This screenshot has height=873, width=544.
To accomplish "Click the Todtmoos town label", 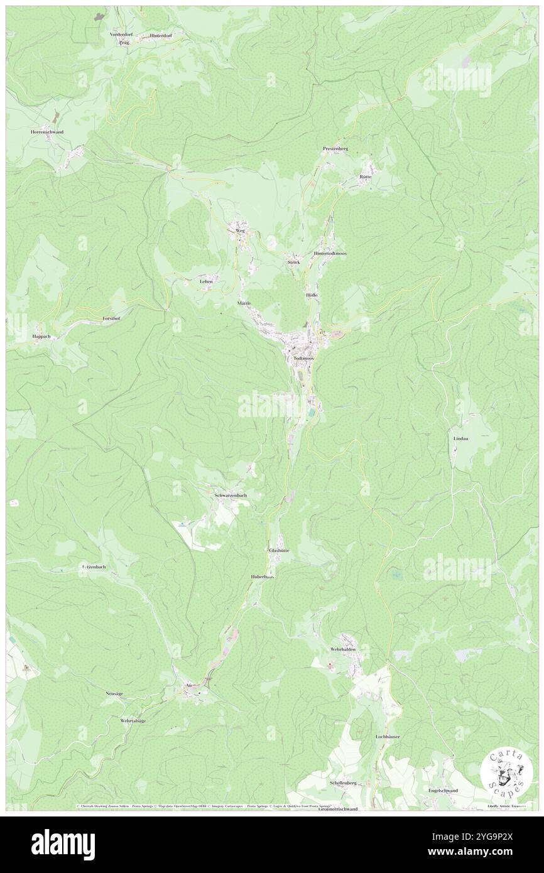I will (303, 358).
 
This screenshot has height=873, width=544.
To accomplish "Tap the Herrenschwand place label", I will (47, 132).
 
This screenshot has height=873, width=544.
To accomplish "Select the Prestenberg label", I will (335, 148).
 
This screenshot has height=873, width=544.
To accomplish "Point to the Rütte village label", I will (366, 176).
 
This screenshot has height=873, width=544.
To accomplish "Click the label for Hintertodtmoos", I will (330, 253).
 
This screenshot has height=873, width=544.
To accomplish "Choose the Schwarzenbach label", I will (231, 496).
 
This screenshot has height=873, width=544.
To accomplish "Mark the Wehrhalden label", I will (343, 649).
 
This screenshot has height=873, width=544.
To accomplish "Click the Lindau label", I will (460, 438).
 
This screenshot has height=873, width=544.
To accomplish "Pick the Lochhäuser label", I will (388, 736).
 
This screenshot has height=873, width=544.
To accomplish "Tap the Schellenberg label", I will (343, 783).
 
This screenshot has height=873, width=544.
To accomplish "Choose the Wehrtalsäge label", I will (133, 720).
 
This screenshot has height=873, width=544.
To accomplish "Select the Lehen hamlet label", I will (206, 281).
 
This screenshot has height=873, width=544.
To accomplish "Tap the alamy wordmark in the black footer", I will (63, 844).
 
